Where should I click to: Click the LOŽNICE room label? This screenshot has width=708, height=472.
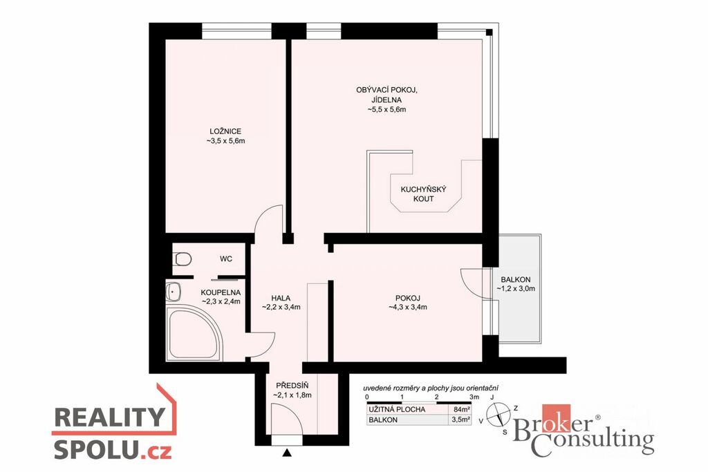tap(225, 131)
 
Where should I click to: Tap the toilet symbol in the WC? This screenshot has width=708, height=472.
tap(182, 259)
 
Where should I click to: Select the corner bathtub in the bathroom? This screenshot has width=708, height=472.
tap(194, 333)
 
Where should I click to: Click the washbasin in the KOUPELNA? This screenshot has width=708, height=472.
tap(174, 292)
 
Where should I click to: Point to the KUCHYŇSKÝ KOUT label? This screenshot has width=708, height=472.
tap(424, 194)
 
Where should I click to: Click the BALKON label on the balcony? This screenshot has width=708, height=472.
tap(516, 279)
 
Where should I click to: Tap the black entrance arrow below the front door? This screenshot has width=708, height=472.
tap(286, 453)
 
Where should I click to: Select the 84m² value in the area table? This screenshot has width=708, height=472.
tap(459, 409)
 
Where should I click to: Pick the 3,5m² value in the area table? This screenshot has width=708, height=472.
tap(460, 419)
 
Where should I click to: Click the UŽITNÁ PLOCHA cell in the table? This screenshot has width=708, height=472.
tap(397, 409)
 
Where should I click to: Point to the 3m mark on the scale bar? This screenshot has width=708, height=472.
tap(474, 397)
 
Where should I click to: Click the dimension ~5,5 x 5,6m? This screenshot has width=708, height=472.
tap(387, 109)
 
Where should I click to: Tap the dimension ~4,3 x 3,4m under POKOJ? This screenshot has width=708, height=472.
tap(408, 308)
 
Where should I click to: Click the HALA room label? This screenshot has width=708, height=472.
tap(281, 298)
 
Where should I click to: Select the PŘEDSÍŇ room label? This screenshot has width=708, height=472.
tap(292, 386)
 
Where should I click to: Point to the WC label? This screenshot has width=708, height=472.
tap(226, 258)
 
